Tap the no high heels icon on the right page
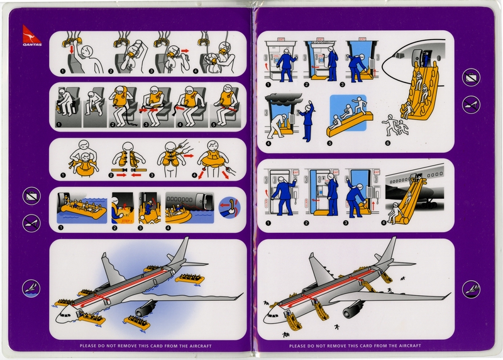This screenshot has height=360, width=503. click(471, 104)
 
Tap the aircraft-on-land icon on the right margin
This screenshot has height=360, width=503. click(471, 288)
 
